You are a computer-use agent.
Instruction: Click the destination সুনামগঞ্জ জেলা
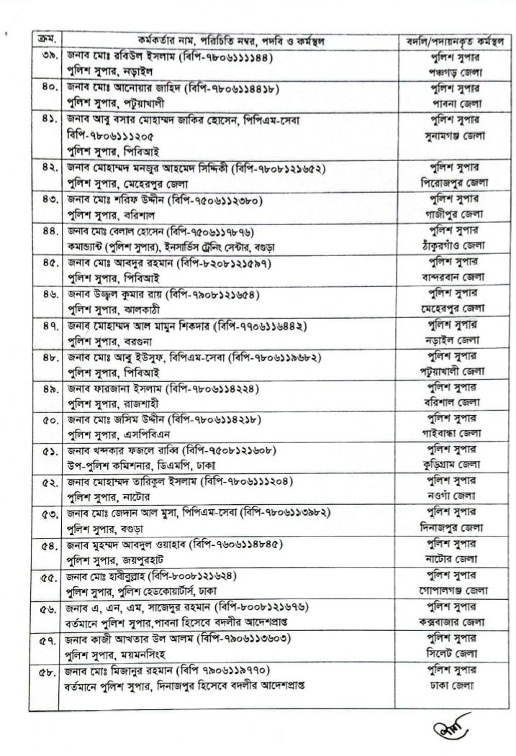coord(454,135)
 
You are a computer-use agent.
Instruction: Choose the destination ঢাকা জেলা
coord(454,685)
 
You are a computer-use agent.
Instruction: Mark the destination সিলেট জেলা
coord(454,654)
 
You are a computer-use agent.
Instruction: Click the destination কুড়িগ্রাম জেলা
coord(454,465)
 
